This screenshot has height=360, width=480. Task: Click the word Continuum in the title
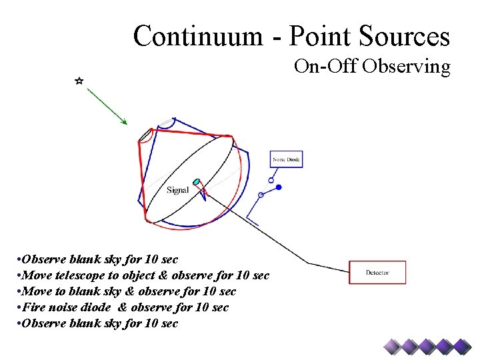click(x=189, y=36)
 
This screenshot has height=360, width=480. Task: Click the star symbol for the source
click(x=79, y=81)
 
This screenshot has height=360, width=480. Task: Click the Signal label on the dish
click(x=178, y=190)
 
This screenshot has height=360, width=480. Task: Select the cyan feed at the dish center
click(x=197, y=181)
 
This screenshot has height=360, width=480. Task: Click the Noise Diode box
click(x=286, y=159)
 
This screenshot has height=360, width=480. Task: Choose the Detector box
click(x=377, y=272)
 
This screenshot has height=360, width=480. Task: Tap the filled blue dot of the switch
click(x=279, y=187)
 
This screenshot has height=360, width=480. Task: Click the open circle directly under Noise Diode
click(x=271, y=179)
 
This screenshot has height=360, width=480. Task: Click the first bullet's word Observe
click(x=43, y=259)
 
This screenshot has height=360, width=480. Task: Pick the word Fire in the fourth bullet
click(x=33, y=307)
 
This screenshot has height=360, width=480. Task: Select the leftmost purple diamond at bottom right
click(x=392, y=345)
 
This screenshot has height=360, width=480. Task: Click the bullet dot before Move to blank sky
click(x=19, y=291)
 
